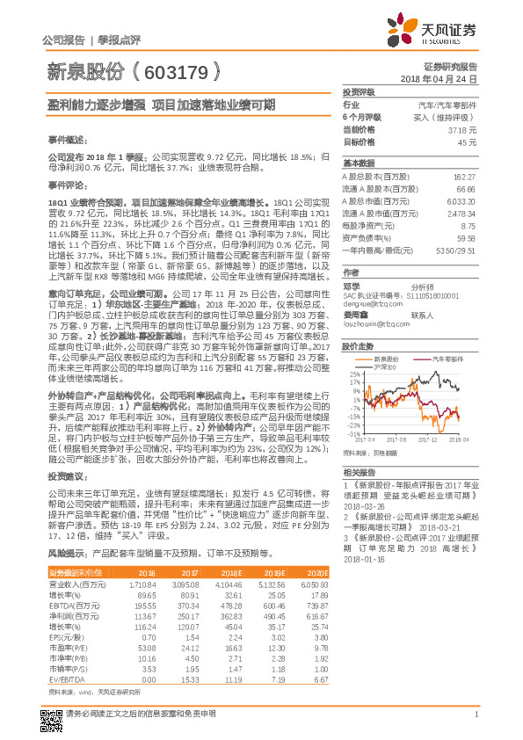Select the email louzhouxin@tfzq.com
pyautogui.click(x=371, y=323)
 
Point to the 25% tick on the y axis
pyautogui.click(x=353, y=374)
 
